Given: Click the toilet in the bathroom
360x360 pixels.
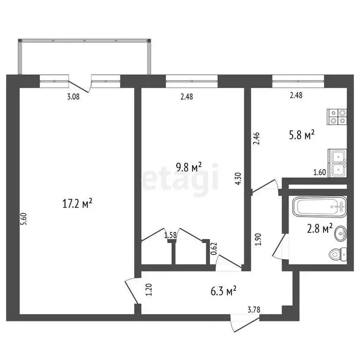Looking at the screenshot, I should click(x=337, y=254).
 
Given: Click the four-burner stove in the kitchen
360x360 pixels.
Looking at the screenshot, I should click(x=337, y=116).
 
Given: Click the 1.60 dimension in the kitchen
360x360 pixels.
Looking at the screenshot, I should click(x=320, y=172).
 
